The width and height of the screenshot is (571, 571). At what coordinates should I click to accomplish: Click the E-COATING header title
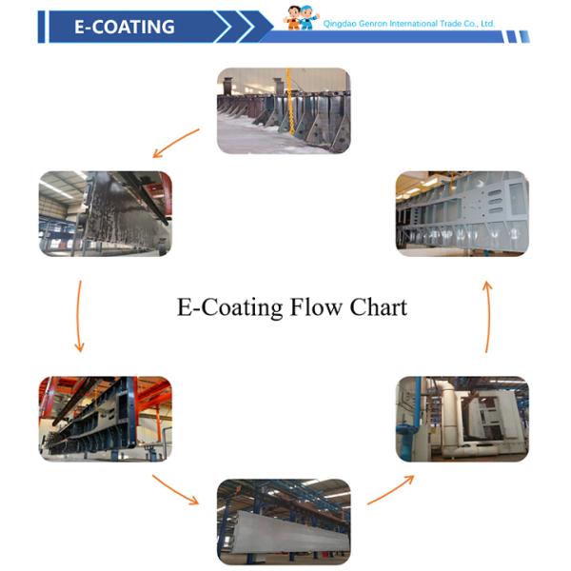point(124,27)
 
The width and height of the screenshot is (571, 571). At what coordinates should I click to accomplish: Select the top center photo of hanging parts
point(283,110)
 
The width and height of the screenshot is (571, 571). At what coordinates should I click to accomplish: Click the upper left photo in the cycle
point(105,213)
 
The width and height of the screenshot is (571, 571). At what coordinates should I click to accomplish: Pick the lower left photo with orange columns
point(105,419)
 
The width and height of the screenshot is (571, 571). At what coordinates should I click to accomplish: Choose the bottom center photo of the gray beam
point(283,519)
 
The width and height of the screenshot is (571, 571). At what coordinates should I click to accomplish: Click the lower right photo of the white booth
point(462,419)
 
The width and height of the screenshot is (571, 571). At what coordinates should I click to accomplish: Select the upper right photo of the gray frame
point(462,211)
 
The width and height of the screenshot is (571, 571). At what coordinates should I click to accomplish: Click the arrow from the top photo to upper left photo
point(175,144)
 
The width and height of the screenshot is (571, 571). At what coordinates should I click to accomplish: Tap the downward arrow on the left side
point(78,315)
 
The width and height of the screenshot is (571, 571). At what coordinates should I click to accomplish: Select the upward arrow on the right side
point(488,315)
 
